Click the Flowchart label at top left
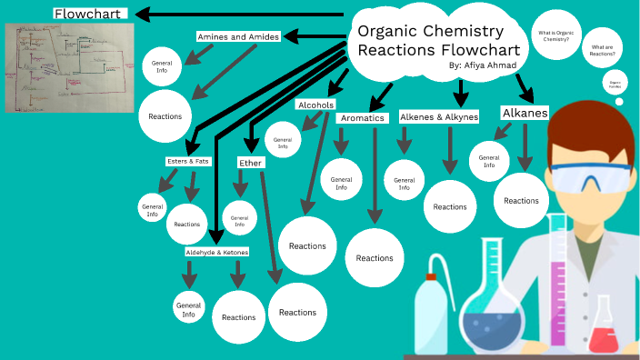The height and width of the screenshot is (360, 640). coord(89,14)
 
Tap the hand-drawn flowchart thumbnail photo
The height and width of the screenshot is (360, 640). coord(69,66)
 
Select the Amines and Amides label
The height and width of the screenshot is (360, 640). coord(237,36)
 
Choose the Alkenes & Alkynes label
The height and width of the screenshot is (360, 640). coord(438,117)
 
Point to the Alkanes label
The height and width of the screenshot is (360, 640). coord(525,113)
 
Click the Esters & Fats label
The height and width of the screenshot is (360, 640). coord(188,161)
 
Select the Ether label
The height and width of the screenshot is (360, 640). coord(250,163)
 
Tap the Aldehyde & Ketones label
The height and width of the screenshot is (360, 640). coord(216,252)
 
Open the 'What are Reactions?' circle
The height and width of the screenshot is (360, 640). coord(603,50)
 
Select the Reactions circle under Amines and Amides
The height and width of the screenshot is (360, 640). coord(165,116)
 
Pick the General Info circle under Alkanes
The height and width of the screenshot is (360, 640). coord(488,161)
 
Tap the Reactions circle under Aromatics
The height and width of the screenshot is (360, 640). coord(374,257)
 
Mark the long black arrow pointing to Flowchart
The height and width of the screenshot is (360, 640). coord(245,15)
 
